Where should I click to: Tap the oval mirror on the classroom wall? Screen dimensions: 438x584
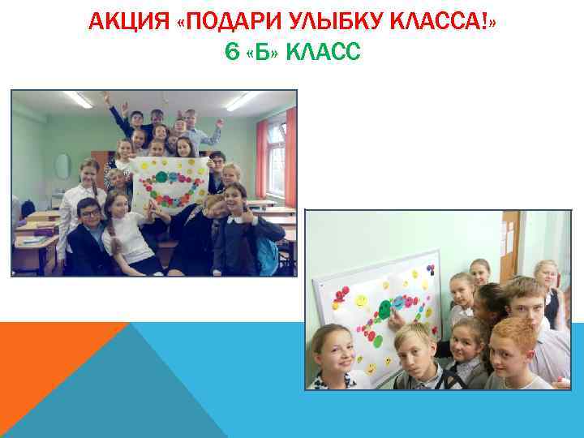pos(62,166)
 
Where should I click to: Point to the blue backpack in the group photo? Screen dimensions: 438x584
pos(265,255)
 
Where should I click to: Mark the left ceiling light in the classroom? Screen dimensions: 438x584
pos(79,99)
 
